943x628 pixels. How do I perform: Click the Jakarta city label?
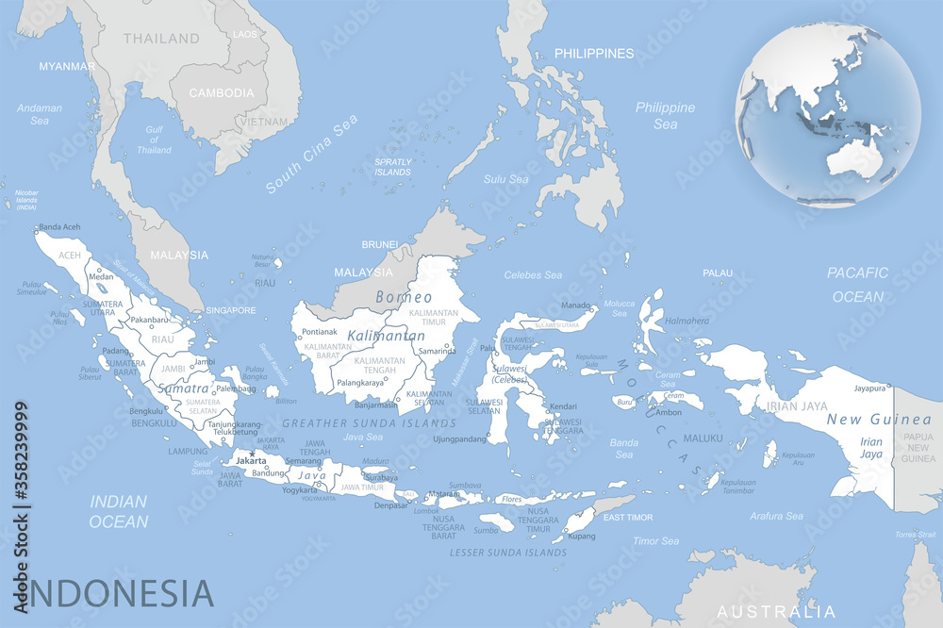coord(251,460)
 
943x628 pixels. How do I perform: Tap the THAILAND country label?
coord(161,39)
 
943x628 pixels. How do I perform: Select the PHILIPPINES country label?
coord(593,54)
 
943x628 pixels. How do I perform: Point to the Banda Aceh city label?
coord(59,227)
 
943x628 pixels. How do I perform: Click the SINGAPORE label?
coord(231,310)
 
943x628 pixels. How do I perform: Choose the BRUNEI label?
coord(380,244)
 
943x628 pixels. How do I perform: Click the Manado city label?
coord(576,306)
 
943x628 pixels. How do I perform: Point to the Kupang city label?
coord(581,536)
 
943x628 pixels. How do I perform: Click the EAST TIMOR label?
coord(628,518)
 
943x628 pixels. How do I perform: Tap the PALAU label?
coord(718,273)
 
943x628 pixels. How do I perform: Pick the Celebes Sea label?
coord(533,275)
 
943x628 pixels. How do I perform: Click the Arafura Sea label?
coord(776,516)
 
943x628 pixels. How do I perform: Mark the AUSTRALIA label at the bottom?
coord(776,610)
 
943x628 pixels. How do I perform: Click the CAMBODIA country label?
coord(222,93)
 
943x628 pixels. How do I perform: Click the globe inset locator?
coord(827,112)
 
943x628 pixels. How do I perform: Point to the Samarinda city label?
coord(438,351)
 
